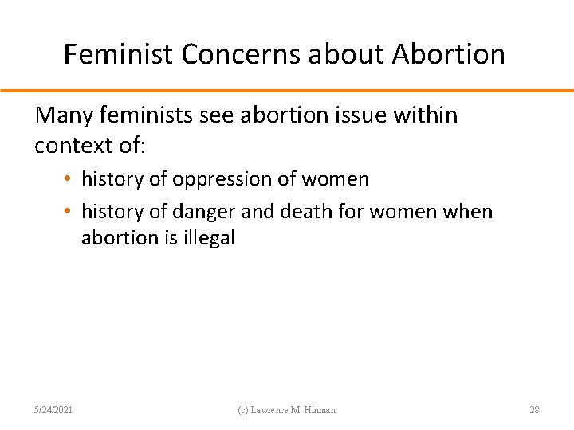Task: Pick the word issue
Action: click(x=362, y=115)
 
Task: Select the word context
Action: click(x=76, y=147)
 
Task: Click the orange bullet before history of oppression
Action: click(x=71, y=179)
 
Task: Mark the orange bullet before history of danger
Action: click(x=71, y=212)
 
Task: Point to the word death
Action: click(x=294, y=212)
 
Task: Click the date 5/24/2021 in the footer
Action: click(x=54, y=410)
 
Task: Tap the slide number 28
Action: click(x=534, y=410)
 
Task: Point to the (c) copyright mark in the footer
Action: click(x=245, y=410)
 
